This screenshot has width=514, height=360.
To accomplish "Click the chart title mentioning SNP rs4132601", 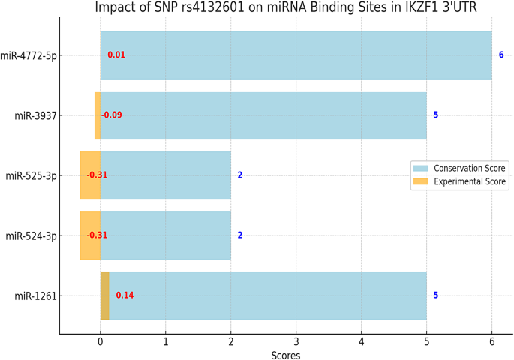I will [285, 7].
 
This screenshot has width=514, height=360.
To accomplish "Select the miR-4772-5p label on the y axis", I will [29, 55].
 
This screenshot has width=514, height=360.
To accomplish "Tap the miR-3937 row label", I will [37, 115].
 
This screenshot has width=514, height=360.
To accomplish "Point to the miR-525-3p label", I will [32, 175].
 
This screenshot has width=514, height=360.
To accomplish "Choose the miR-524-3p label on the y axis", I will [32, 235].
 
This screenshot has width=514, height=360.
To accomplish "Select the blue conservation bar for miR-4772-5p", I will [300, 55].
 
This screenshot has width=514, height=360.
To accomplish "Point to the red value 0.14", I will [125, 295].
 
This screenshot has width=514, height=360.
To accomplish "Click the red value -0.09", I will [112, 115].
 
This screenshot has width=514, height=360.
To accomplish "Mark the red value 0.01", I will [116, 55].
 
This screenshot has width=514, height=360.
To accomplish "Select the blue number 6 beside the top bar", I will [501, 55].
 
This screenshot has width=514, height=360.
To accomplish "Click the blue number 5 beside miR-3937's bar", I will [436, 115].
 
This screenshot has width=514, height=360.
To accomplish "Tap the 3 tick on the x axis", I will [296, 342].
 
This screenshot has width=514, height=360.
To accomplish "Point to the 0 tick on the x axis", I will [101, 342].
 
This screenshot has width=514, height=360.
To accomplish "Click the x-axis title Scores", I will [286, 355].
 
